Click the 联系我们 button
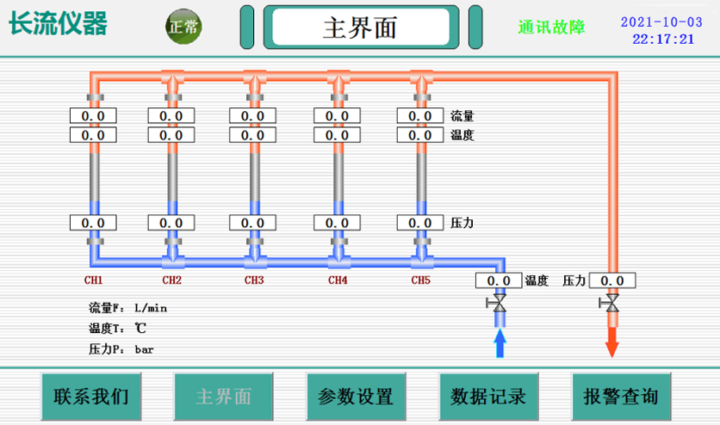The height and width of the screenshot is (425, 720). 90,397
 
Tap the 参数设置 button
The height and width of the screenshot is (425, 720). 355,397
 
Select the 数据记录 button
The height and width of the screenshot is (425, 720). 488,397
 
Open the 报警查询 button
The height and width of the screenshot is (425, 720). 620,397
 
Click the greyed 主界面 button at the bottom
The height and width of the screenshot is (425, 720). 223,397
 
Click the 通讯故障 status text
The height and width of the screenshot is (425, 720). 551,27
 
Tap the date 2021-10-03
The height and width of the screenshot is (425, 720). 661,22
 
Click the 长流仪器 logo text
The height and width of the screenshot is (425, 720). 59,24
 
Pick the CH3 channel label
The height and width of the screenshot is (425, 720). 253,280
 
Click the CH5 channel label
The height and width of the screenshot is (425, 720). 419,280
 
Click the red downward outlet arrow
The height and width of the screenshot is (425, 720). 612,342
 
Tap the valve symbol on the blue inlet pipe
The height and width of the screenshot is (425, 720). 498,304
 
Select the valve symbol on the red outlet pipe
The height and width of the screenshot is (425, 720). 612,303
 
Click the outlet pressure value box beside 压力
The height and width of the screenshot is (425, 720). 612,280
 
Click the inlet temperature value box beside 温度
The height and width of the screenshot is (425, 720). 499,280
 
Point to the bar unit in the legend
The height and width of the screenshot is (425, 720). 144,349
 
